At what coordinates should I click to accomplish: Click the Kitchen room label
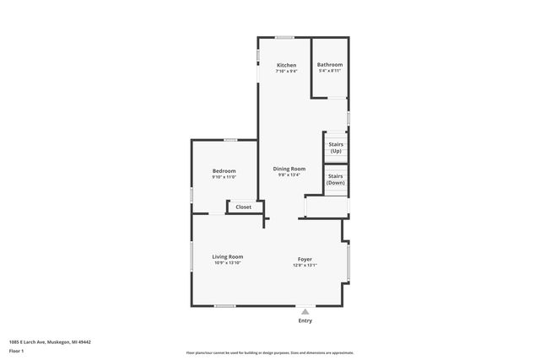tap(287, 65)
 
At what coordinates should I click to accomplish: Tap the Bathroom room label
tap(329, 65)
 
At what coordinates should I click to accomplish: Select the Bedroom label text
tap(224, 171)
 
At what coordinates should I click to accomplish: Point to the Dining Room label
tap(289, 169)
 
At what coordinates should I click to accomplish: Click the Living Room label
tap(228, 256)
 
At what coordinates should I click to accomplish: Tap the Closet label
tap(243, 207)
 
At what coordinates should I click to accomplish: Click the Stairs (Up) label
tap(335, 148)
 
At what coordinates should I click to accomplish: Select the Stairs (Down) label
tap(335, 179)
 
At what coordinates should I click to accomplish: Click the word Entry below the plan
tap(305, 321)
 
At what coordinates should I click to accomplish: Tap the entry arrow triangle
tap(305, 311)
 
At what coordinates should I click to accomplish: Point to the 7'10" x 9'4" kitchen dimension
tap(287, 72)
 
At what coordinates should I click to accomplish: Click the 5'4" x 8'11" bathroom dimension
tap(329, 72)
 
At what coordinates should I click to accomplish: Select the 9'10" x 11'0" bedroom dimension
tap(224, 177)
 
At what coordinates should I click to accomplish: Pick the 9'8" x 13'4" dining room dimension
tap(289, 175)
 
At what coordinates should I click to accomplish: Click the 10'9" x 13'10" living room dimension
tap(228, 263)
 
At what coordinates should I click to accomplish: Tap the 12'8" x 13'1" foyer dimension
tap(305, 265)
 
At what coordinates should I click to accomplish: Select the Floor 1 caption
tap(17, 350)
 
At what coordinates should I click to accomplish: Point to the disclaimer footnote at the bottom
tap(270, 352)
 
